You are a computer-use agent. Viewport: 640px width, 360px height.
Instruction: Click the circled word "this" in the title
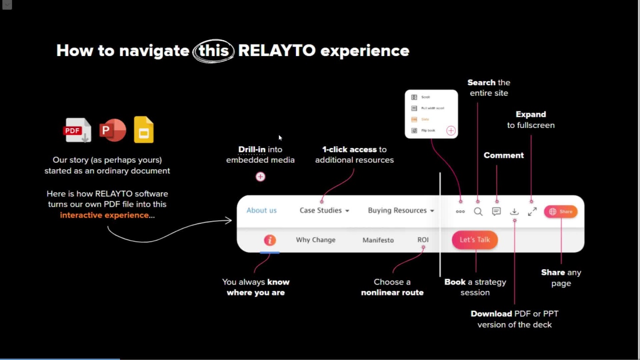pos(213,51)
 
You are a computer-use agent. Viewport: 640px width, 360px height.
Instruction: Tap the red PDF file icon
pos(77,130)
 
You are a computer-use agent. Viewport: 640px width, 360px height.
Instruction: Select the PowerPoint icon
pos(112,130)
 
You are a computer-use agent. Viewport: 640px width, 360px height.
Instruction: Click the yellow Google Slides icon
pos(144,130)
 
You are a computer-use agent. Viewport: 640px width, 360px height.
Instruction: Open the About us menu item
pos(261,211)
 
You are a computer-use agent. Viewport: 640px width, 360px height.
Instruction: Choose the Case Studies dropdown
pos(324,211)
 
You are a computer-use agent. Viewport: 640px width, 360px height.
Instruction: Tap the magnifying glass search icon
pos(478,212)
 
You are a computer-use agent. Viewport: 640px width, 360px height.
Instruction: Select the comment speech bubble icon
pos(496,212)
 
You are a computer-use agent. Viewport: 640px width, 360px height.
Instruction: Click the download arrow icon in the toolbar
pos(514,212)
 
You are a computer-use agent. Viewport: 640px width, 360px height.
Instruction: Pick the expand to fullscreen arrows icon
pos(532,212)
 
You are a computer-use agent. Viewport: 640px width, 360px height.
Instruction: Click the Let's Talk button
pos(475,240)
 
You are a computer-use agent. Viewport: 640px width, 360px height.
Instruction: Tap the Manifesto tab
pos(378,240)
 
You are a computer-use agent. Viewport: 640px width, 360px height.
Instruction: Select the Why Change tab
pos(316,240)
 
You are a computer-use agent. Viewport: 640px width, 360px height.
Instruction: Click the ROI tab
pos(423,240)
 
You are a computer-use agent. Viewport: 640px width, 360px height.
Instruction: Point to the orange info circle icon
pos(270,240)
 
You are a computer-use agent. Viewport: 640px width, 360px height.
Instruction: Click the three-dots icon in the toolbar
pos(460,212)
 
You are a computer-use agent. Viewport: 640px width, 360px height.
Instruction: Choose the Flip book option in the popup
pos(428,131)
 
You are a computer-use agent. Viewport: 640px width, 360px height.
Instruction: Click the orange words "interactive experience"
pos(104,215)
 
